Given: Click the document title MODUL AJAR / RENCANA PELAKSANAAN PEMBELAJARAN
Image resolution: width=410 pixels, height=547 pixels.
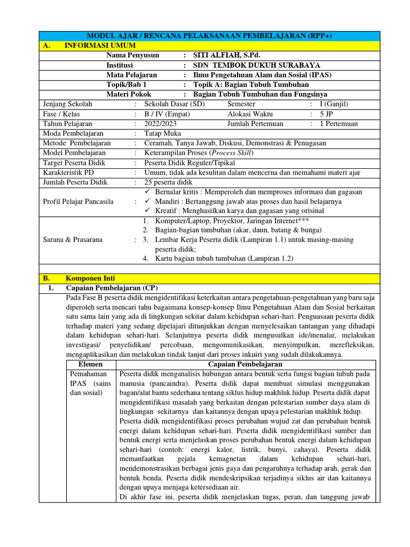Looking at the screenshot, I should tap(209, 36).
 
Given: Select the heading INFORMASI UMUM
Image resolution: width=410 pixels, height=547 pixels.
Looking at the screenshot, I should tap(100, 46).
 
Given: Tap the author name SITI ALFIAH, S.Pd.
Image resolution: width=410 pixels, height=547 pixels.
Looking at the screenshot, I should tap(227, 56).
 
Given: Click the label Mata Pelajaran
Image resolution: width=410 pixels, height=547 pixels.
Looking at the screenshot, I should tap(131, 75).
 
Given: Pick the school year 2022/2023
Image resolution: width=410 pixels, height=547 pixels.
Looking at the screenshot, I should tap(162, 123).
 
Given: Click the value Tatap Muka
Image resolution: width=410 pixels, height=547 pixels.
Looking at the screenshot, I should tap(162, 133).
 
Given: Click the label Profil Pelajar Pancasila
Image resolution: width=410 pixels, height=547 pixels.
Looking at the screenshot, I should tap(78, 201).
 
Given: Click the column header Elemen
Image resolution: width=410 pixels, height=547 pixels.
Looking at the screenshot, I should tap(90, 364).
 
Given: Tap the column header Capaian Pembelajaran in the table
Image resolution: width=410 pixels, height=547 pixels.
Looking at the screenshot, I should tap(246, 364).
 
